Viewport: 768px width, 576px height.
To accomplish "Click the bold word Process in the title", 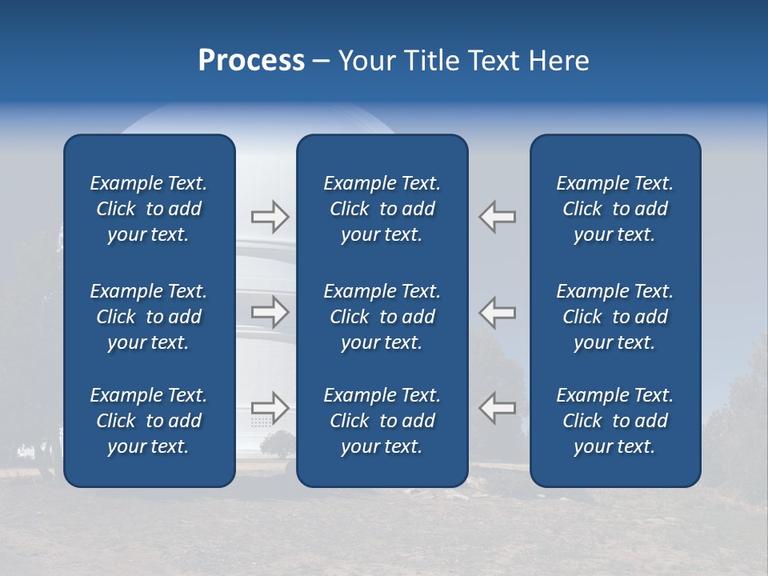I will pyautogui.click(x=251, y=61).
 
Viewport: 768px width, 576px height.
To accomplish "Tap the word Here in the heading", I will pyautogui.click(x=558, y=61).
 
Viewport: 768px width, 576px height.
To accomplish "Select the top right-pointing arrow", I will pyautogui.click(x=270, y=216).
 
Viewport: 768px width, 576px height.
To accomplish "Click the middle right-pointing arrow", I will pyautogui.click(x=270, y=312).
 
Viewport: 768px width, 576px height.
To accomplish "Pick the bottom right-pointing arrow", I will pyautogui.click(x=270, y=408).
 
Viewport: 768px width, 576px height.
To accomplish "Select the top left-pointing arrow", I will pyautogui.click(x=498, y=216).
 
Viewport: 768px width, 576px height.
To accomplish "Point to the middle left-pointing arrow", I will pyautogui.click(x=498, y=312).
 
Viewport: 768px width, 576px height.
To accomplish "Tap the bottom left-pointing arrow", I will pyautogui.click(x=498, y=408).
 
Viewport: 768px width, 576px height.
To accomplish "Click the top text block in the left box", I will pyautogui.click(x=149, y=209).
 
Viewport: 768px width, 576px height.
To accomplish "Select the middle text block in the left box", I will pyautogui.click(x=149, y=317).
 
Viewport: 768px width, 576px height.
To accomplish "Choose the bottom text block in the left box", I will pyautogui.click(x=149, y=421).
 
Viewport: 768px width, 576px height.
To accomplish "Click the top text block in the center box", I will pyautogui.click(x=382, y=209).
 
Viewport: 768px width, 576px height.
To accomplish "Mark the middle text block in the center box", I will pyautogui.click(x=382, y=317).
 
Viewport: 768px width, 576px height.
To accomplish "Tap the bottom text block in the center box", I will pyautogui.click(x=382, y=421).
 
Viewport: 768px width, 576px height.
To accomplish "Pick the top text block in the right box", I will pyautogui.click(x=615, y=209).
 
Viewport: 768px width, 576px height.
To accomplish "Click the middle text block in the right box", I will pyautogui.click(x=615, y=317).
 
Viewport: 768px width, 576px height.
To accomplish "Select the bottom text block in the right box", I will pyautogui.click(x=615, y=421).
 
